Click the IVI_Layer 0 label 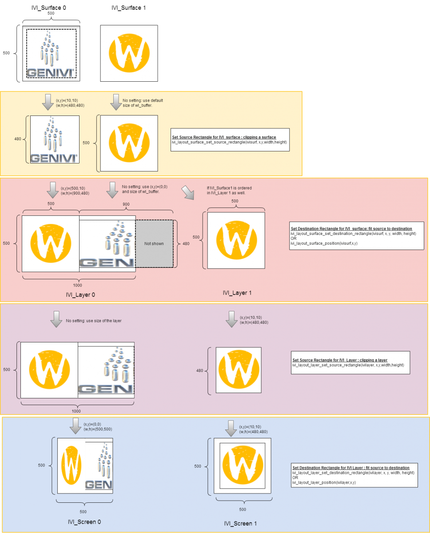(80, 294)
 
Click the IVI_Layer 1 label (237, 293)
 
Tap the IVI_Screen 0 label (84, 521)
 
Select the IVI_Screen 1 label (240, 524)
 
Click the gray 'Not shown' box (154, 243)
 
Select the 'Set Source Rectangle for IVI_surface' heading (224, 137)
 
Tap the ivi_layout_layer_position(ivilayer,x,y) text (324, 482)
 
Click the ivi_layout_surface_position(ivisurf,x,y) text (324, 243)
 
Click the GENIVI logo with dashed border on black (51, 53)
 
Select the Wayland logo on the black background (129, 53)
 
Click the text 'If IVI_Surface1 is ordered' (229, 188)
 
